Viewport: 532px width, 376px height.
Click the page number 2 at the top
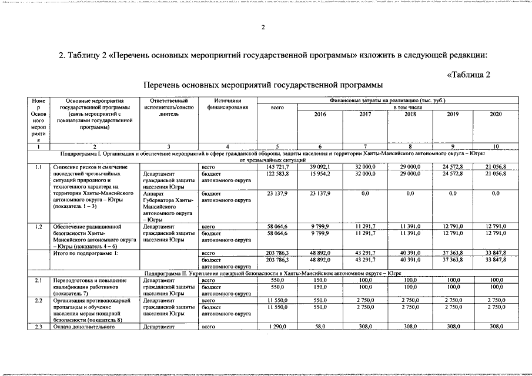pyautogui.click(x=263, y=28)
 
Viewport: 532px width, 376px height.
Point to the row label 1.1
pyautogui.click(x=38, y=167)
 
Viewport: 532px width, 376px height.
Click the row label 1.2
pyautogui.click(x=38, y=226)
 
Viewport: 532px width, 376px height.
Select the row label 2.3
pyautogui.click(x=38, y=326)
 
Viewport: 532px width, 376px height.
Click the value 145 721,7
pyautogui.click(x=277, y=167)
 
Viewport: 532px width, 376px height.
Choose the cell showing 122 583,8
pyautogui.click(x=277, y=174)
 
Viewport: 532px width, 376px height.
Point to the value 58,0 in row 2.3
pyautogui.click(x=320, y=326)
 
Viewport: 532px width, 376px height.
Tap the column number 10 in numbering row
pyautogui.click(x=496, y=146)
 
